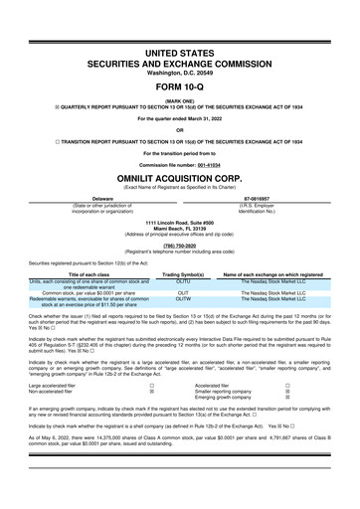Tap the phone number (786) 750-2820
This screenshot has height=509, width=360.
click(180, 250)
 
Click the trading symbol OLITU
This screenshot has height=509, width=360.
click(183, 281)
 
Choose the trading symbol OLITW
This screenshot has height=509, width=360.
click(183, 297)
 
